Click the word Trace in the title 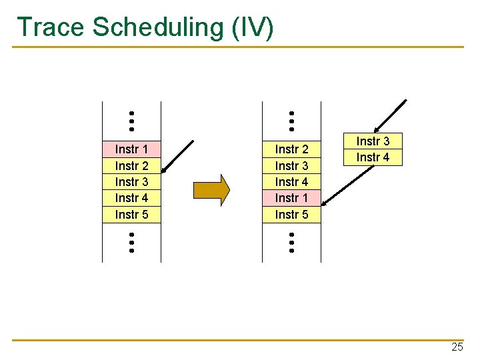51,27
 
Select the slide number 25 457,347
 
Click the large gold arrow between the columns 211,190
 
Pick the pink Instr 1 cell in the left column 131,149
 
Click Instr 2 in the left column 131,165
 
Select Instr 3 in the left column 131,181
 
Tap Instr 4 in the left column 131,198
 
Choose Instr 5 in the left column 131,214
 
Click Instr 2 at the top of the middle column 291,149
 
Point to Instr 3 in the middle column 291,165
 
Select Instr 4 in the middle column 291,181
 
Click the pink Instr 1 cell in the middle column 291,198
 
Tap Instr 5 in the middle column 291,214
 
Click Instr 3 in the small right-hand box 373,141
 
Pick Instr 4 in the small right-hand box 373,157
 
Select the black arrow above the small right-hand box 390,117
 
